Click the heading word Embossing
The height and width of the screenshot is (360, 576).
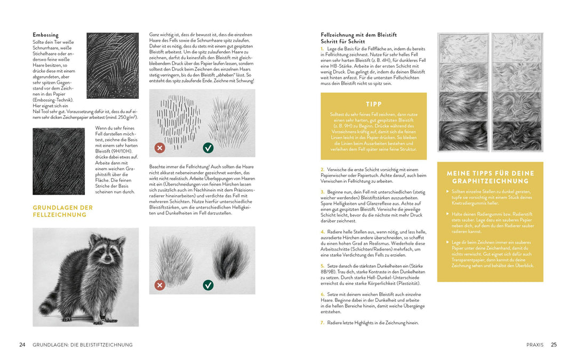click(x=45, y=35)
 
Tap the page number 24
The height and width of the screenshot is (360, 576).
click(x=22, y=345)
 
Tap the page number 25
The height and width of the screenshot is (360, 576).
click(x=554, y=345)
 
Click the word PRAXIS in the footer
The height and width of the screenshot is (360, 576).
click(x=534, y=345)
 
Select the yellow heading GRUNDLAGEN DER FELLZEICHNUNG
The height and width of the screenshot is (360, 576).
click(x=63, y=211)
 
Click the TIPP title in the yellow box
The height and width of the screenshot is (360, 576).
click(x=374, y=104)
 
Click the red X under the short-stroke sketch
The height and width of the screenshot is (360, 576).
click(x=159, y=148)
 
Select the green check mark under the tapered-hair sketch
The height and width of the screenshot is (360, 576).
click(x=208, y=148)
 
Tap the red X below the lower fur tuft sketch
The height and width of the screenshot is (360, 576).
click(x=159, y=285)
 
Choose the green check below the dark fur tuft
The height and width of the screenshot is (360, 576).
click(x=208, y=285)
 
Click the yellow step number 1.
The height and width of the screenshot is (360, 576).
click(x=322, y=49)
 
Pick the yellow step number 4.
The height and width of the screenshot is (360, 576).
click(x=322, y=232)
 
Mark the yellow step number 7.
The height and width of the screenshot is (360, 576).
click(x=322, y=323)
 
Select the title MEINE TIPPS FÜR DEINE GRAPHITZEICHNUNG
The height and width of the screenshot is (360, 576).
click(x=490, y=177)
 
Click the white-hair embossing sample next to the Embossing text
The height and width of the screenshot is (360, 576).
click(x=113, y=66)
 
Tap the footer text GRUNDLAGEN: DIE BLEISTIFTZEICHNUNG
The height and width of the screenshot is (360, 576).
click(x=83, y=345)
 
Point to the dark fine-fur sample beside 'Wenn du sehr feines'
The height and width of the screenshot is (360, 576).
click(x=59, y=161)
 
